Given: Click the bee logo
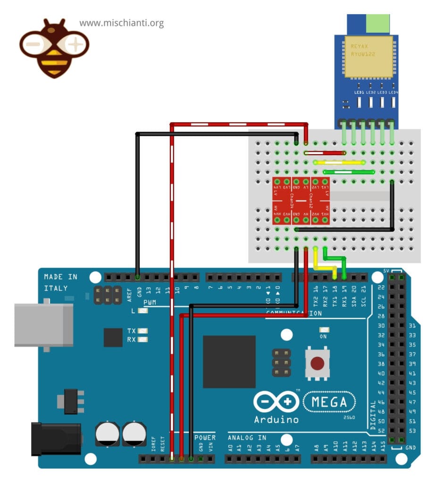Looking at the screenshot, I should tap(54, 47).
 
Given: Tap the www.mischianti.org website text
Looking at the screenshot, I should tap(121, 23).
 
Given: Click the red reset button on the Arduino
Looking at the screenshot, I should tap(318, 363).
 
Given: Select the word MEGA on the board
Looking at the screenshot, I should tap(332, 402).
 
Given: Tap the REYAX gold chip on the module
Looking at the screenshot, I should tap(368, 56).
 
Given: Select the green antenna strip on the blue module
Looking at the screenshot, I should tap(379, 22).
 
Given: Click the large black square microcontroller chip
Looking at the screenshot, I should tap(229, 361).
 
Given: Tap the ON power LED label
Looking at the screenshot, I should tap(324, 337).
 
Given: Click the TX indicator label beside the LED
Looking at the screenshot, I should tap(131, 331).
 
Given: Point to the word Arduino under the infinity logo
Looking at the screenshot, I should tap(276, 419).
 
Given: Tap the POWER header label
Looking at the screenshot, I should tap(205, 437).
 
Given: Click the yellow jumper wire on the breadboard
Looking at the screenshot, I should tap(338, 162).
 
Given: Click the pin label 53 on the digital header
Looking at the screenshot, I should tap(411, 431).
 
